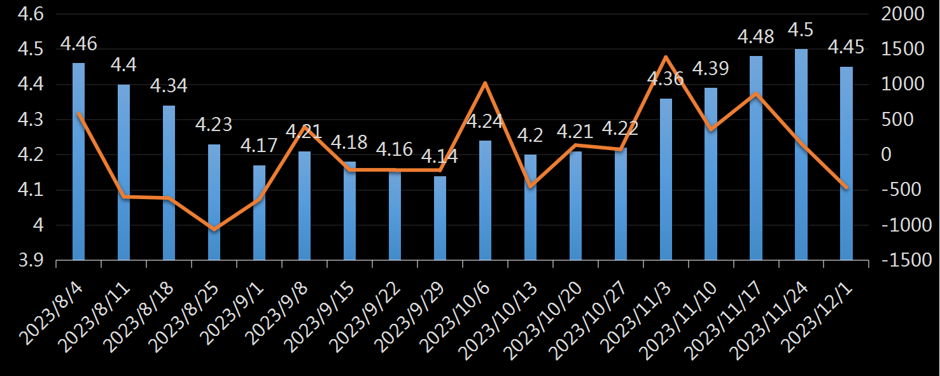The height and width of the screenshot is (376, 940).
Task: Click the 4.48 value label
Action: (x=755, y=37)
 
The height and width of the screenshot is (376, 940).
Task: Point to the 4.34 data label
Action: (x=169, y=86)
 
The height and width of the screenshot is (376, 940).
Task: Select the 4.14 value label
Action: (x=440, y=157)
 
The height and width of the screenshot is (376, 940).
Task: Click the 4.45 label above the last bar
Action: (x=846, y=47)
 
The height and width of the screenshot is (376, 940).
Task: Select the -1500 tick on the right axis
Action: (x=900, y=260)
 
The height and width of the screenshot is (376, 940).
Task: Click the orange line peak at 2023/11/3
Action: (x=665, y=57)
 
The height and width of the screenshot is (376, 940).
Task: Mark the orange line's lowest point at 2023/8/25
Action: (x=214, y=230)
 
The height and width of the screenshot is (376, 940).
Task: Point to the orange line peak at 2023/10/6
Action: (x=485, y=83)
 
